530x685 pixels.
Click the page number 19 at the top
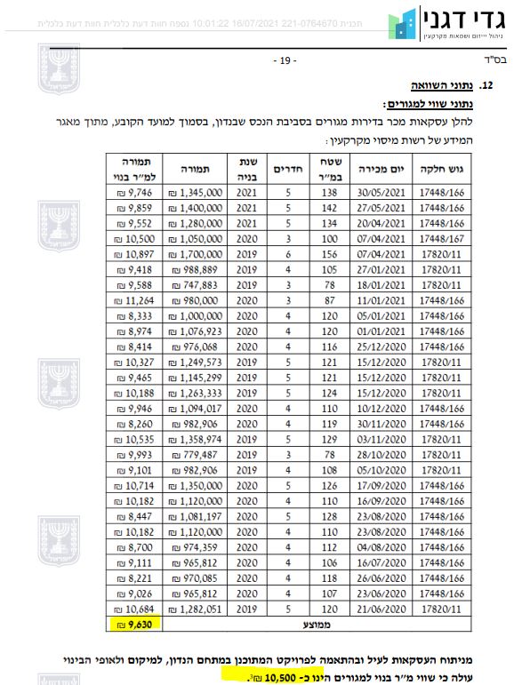coord(284,61)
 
